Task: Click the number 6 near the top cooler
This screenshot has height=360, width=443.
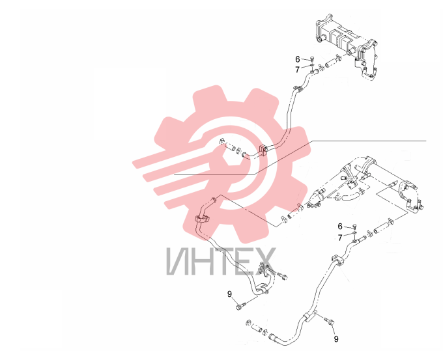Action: point(298,59)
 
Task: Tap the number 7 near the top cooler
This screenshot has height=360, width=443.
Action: point(297,70)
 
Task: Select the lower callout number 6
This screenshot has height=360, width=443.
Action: point(340,227)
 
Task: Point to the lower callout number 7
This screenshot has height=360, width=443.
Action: point(340,238)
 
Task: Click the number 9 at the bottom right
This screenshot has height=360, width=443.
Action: point(336,339)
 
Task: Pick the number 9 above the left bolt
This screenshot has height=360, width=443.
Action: point(229,294)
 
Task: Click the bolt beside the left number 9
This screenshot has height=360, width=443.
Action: point(241,305)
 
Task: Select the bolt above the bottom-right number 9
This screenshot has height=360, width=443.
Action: point(329,321)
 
